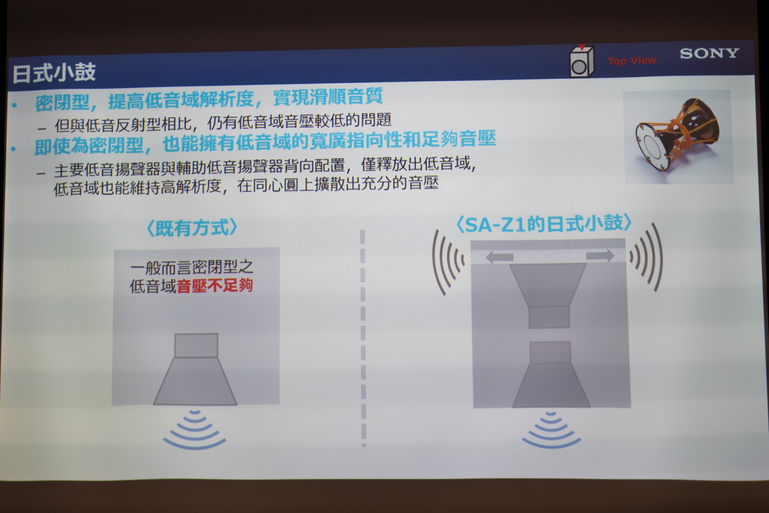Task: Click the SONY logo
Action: [709, 54]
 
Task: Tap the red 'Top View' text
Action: [632, 61]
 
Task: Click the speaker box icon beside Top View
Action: [581, 61]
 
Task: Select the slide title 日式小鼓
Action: [54, 73]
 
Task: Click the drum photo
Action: [678, 137]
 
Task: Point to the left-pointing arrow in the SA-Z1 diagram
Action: [499, 256]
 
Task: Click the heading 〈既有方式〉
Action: [192, 228]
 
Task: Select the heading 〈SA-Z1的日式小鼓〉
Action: [543, 224]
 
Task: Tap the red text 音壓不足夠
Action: [215, 285]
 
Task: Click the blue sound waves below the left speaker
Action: [195, 430]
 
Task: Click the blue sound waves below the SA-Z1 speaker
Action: [551, 430]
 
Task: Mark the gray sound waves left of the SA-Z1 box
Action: [447, 262]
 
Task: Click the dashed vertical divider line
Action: [363, 339]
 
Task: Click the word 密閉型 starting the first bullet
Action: [62, 103]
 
